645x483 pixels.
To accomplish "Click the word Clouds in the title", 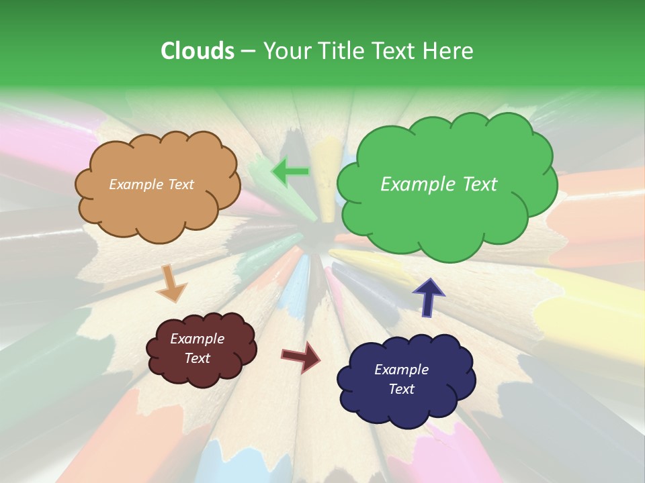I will coord(198,51).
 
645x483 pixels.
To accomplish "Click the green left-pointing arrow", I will coord(290,172).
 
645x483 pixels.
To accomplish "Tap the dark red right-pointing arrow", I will coord(302,357).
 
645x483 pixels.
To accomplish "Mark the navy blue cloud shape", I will coord(406,380).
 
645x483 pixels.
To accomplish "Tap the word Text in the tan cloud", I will coord(180,184).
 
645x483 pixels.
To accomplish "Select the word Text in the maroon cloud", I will coord(198,358).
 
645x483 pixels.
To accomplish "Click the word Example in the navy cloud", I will coord(401,370).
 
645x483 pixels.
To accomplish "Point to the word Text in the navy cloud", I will coord(401,389).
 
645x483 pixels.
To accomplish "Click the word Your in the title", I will coord(288,51).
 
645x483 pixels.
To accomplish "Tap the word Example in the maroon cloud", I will coord(198,339).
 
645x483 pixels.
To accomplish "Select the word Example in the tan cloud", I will coord(136,184).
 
